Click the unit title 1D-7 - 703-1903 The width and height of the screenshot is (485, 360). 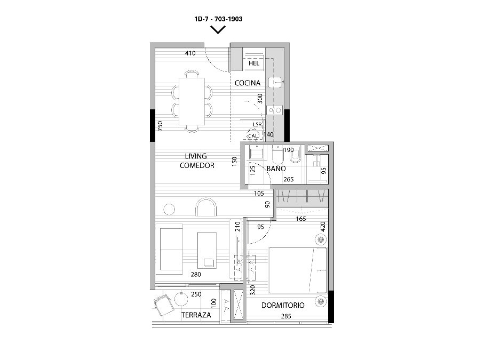218,19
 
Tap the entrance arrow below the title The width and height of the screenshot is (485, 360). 218,30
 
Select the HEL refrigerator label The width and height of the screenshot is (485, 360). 253,63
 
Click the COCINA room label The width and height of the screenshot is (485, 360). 248,83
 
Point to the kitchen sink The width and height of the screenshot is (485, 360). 275,82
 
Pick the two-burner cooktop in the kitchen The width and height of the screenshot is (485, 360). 275,110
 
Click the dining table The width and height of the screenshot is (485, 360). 192,101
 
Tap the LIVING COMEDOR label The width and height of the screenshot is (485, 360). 197,161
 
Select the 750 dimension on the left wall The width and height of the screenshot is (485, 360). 160,126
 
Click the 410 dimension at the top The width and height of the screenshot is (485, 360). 190,53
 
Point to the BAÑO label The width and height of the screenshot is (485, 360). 276,169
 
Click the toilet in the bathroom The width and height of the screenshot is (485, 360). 278,155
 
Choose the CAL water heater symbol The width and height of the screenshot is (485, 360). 252,135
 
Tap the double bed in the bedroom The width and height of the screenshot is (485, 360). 298,270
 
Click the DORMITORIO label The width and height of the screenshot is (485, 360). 283,305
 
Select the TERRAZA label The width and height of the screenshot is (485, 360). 196,315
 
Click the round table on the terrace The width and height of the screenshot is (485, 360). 181,299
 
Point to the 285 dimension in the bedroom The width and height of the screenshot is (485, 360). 286,316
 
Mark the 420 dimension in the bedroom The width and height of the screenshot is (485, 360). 323,227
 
